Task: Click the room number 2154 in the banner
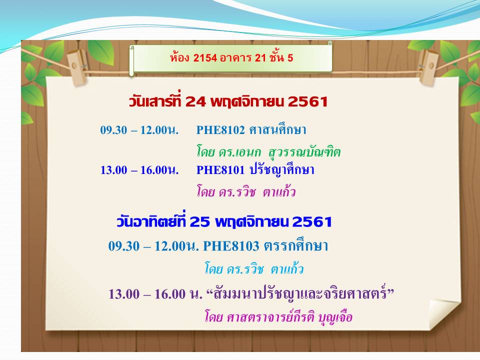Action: pyautogui.click(x=205, y=57)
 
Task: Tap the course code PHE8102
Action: pyautogui.click(x=220, y=130)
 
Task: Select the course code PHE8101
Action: pyautogui.click(x=220, y=169)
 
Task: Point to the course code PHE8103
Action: pyautogui.click(x=231, y=246)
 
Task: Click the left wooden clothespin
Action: pyautogui.click(x=78, y=66)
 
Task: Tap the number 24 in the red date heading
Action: pyautogui.click(x=195, y=101)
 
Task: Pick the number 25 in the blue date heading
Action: pyautogui.click(x=199, y=222)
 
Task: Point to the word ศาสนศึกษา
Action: pyautogui.click(x=277, y=129)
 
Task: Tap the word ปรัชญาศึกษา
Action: pyautogui.click(x=282, y=169)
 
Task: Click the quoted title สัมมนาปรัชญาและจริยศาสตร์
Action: pyautogui.click(x=300, y=293)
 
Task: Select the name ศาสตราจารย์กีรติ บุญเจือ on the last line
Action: pyautogui.click(x=289, y=316)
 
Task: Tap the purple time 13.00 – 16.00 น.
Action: pyautogui.click(x=155, y=294)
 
